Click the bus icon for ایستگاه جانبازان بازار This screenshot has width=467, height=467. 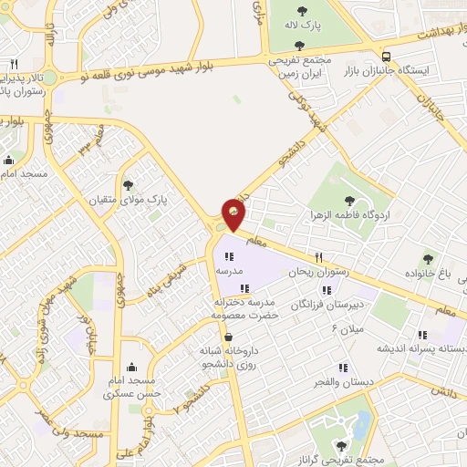pyautogui.click(x=388, y=54)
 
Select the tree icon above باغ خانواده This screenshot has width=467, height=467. pyautogui.click(x=426, y=258)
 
